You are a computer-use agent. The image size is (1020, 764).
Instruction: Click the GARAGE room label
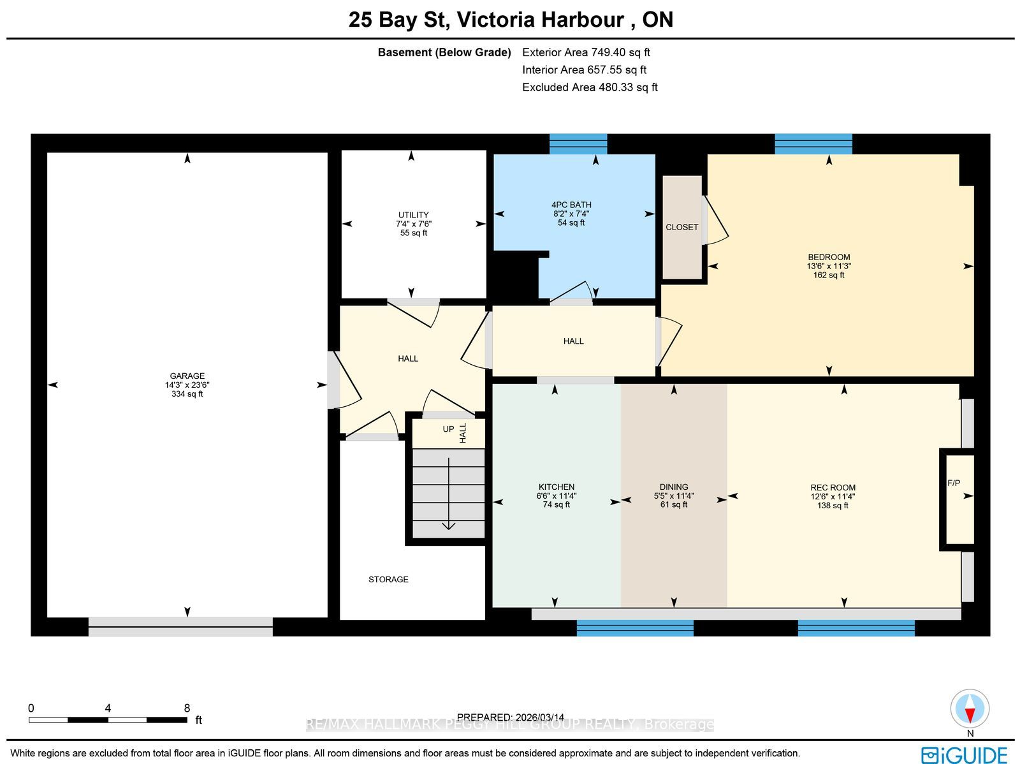(x=187, y=376)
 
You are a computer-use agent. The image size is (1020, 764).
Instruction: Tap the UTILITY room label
(x=413, y=215)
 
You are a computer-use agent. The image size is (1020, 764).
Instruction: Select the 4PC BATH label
(x=571, y=205)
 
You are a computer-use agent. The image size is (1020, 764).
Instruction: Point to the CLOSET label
(x=681, y=227)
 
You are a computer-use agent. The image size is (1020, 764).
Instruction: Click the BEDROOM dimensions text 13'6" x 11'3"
(x=829, y=267)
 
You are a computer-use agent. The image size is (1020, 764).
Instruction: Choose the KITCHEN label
(x=557, y=487)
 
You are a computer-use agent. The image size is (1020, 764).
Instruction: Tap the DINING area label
(x=674, y=487)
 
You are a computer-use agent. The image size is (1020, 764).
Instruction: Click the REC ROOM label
(x=833, y=487)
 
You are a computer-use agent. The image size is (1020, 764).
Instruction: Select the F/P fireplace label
(x=954, y=483)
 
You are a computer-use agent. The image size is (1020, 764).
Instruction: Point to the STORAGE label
(x=388, y=580)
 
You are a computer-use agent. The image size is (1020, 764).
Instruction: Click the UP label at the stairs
(x=448, y=429)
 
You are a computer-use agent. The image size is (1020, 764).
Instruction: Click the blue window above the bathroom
(x=578, y=144)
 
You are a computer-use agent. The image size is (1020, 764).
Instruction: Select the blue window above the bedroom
(x=813, y=144)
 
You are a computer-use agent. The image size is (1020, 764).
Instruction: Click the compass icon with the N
(x=970, y=709)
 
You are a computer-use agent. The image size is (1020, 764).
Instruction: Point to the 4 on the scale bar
(x=108, y=709)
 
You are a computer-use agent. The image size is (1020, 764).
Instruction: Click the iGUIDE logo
(x=964, y=754)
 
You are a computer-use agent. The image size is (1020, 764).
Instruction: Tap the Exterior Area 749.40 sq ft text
(x=586, y=52)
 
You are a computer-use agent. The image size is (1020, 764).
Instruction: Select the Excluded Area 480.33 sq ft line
(x=590, y=87)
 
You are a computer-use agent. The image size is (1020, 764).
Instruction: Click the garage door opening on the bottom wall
(x=180, y=626)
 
